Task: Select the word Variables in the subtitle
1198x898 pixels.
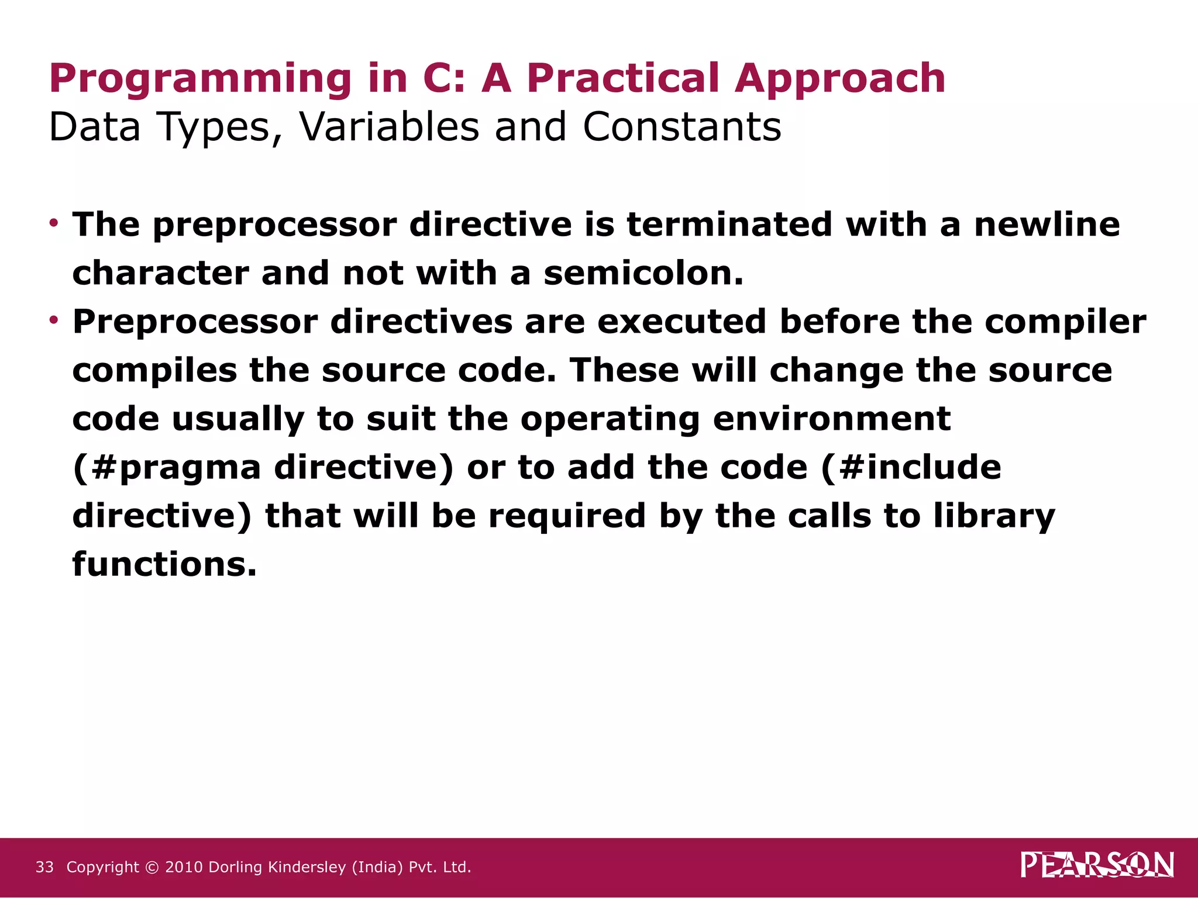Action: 389,127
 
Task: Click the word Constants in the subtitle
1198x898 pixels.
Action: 681,127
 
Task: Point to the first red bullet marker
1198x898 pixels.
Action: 54,223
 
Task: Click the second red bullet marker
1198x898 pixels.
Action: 54,320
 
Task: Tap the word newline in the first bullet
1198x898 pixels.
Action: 1046,224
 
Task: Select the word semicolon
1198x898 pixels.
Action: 643,273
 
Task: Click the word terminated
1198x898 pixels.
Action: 729,224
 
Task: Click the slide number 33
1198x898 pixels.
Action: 44,867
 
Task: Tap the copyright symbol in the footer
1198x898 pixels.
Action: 152,867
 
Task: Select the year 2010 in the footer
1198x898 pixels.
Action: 184,867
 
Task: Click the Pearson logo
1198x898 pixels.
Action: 1097,865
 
